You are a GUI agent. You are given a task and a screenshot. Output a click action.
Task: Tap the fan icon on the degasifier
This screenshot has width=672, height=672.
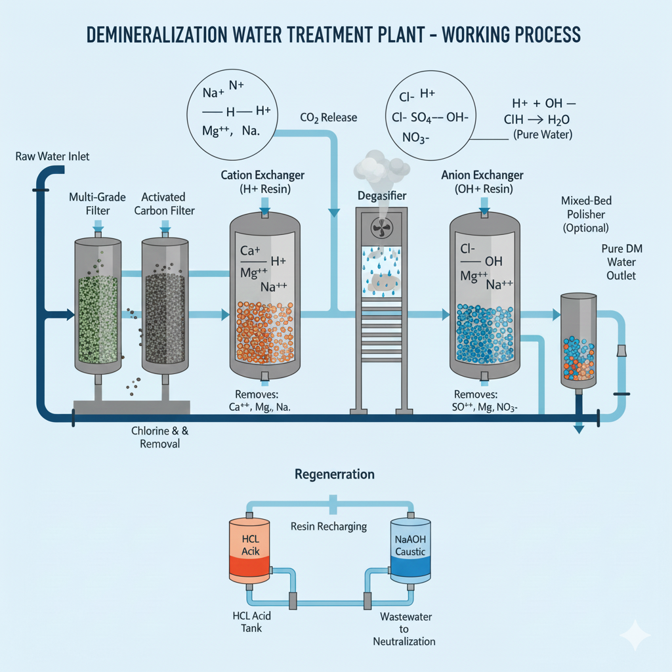pos(382,228)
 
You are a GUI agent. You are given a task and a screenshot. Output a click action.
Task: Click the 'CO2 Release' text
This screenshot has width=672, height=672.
pos(328,117)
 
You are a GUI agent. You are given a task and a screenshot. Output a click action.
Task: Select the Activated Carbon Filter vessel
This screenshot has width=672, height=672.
pos(165,308)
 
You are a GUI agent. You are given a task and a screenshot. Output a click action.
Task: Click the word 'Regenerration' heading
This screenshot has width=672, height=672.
pos(335,474)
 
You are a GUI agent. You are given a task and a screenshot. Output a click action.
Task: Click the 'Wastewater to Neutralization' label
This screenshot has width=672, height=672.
pos(404,629)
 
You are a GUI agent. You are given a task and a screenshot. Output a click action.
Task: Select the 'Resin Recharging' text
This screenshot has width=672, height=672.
pos(329,526)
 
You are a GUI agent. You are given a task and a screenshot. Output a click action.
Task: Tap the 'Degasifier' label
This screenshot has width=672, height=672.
pos(382,196)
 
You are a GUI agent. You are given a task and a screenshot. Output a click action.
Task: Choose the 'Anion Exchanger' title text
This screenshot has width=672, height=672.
pos(482,175)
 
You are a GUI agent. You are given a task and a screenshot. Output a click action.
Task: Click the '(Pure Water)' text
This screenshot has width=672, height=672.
pos(542,135)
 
